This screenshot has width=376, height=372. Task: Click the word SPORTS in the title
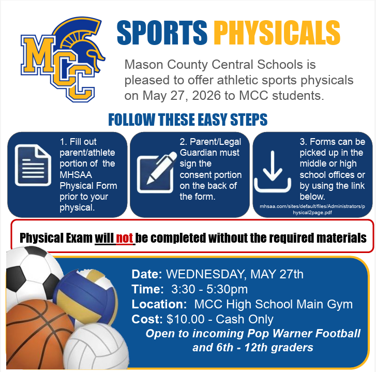coord(162,33)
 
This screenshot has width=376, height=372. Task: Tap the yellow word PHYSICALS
coord(277,33)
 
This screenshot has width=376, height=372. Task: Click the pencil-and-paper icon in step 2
coord(154,168)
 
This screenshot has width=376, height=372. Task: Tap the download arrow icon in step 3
coord(275,169)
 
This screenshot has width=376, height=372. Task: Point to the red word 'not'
coord(125,238)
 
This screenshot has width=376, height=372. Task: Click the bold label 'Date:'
coord(147,274)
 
